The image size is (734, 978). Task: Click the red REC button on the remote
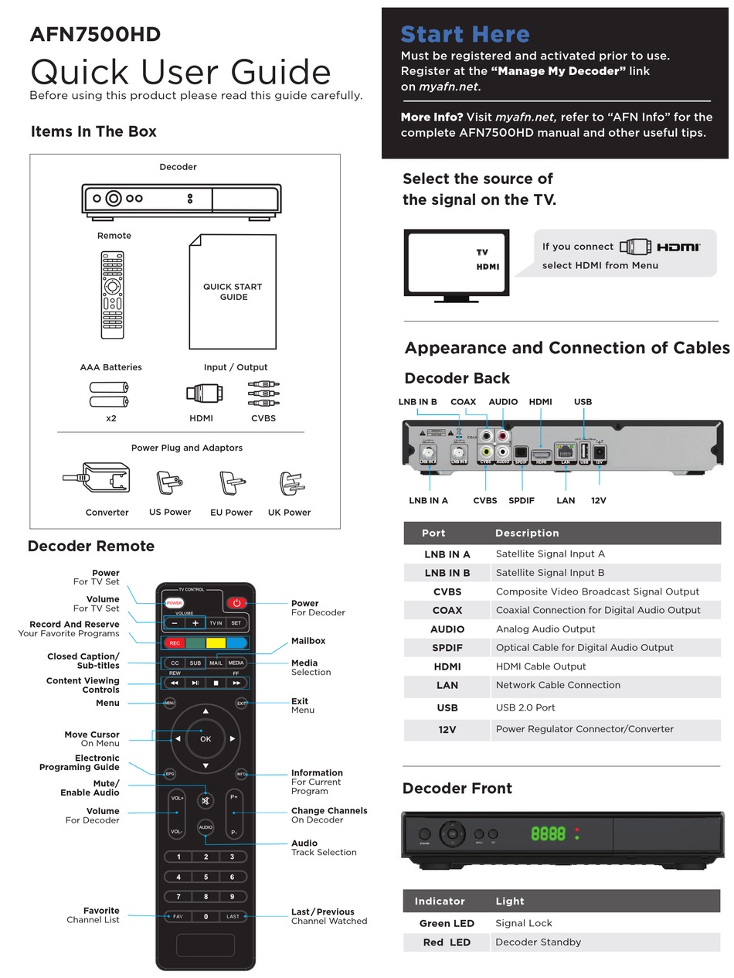pyautogui.click(x=175, y=642)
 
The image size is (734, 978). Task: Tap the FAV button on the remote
pyautogui.click(x=178, y=916)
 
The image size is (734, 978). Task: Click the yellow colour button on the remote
pyautogui.click(x=216, y=642)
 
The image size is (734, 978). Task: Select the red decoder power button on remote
pyautogui.click(x=236, y=603)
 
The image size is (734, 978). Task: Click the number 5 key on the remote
pyautogui.click(x=206, y=877)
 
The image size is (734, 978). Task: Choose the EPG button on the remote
pyautogui.click(x=170, y=774)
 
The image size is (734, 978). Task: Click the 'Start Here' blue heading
pyautogui.click(x=465, y=34)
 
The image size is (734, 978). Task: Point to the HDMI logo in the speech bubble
pyautogui.click(x=678, y=247)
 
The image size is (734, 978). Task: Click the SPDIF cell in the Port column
pyautogui.click(x=447, y=648)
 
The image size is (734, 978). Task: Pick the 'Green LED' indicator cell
pyautogui.click(x=447, y=923)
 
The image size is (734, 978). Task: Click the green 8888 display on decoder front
pyautogui.click(x=547, y=833)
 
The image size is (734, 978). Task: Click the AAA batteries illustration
pyautogui.click(x=109, y=394)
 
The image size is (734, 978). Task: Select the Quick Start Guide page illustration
pyautogui.click(x=233, y=292)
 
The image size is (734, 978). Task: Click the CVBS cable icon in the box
pyautogui.click(x=263, y=393)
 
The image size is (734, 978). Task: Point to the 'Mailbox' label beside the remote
pyautogui.click(x=308, y=641)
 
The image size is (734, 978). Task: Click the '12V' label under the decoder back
pyautogui.click(x=598, y=500)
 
